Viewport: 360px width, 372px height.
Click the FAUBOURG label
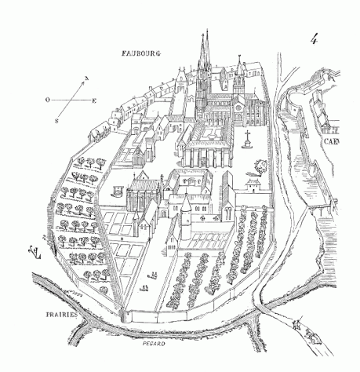coord(141,53)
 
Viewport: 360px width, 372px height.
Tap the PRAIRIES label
coord(62,315)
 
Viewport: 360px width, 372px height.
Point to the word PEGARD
coord(154,344)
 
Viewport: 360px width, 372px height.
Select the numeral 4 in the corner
coord(314,39)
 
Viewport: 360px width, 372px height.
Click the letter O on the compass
coord(48,100)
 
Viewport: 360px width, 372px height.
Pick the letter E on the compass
coord(94,100)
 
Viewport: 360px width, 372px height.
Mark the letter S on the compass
coord(56,121)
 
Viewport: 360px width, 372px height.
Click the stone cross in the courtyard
coord(246,140)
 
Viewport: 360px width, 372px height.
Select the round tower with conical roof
coord(186,218)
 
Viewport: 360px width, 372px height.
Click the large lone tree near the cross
coord(260,166)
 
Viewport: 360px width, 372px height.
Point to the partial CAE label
coord(331,142)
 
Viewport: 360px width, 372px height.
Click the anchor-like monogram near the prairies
coord(35,253)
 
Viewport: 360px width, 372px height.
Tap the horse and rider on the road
coord(312,336)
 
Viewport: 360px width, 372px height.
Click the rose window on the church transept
coord(238,108)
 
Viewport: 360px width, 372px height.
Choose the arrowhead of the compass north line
coord(83,82)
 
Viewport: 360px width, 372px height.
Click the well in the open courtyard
coord(117,191)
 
